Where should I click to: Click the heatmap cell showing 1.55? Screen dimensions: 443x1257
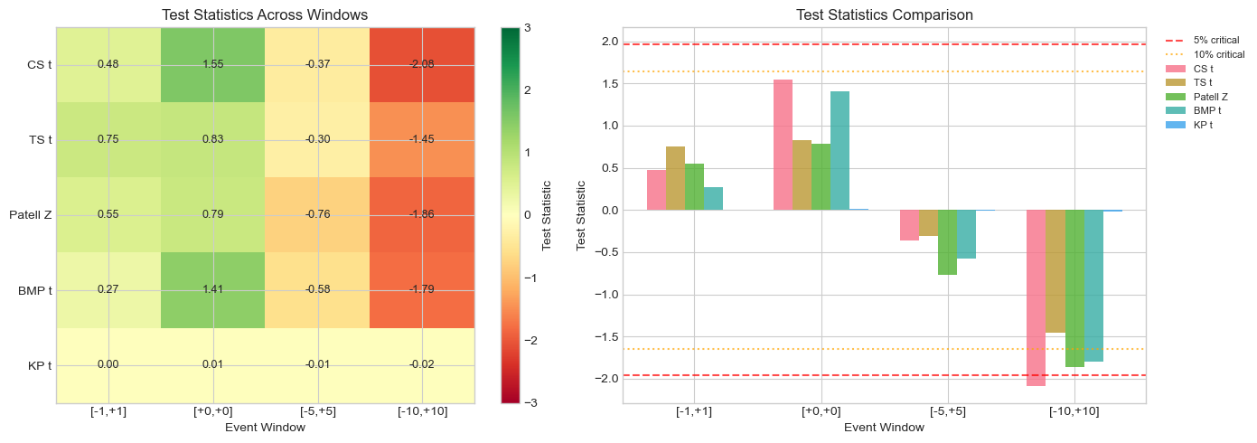pos(212,64)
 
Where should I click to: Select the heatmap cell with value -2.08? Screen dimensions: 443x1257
pos(422,64)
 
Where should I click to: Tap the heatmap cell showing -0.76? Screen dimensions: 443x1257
pos(317,214)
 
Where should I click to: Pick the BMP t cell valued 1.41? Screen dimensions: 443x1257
pos(212,289)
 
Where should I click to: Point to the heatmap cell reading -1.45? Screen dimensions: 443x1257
pos(422,139)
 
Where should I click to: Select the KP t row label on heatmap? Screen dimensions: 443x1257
pos(37,365)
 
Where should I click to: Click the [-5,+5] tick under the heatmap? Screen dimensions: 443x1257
pos(317,412)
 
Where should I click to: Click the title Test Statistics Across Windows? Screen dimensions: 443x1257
pos(265,14)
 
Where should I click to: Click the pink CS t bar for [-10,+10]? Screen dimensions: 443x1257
pos(1036,297)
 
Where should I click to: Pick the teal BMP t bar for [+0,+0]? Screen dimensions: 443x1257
pos(840,151)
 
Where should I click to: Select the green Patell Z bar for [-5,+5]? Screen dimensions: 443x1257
pos(947,242)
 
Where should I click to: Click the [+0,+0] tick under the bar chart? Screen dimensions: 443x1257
pos(821,412)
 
